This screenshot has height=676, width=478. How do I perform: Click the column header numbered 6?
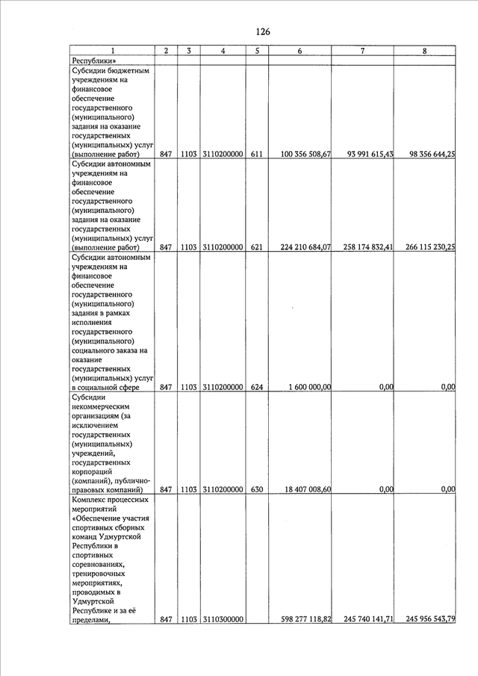click(299, 51)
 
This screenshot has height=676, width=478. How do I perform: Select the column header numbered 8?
click(424, 51)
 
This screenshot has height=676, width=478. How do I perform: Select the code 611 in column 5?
click(256, 154)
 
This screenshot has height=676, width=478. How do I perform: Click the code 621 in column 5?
click(256, 247)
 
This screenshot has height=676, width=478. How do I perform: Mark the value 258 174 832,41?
click(364, 247)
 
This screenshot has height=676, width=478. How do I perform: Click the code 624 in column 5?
click(256, 387)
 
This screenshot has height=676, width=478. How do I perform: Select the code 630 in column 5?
click(256, 490)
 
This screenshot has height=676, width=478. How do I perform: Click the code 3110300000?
click(223, 619)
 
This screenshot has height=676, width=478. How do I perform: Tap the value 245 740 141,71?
click(364, 619)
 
